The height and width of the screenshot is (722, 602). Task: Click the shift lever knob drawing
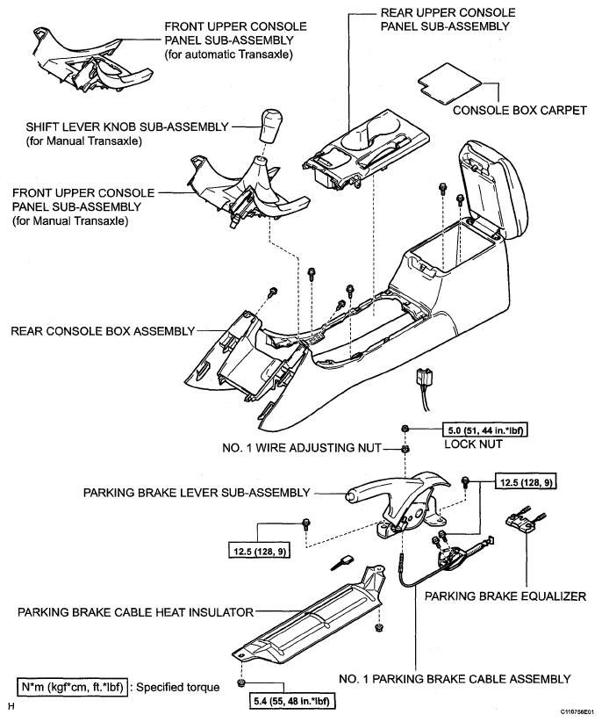[270, 126]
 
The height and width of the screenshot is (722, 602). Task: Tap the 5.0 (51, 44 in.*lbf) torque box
[484, 430]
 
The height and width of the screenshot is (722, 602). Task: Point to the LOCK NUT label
[473, 444]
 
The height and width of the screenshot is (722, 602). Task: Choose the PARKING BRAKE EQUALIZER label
[505, 596]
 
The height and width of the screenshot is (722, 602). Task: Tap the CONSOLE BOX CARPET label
[520, 111]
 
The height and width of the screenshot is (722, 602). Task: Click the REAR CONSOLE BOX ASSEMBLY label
[103, 331]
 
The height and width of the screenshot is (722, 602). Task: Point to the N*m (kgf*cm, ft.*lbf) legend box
[72, 688]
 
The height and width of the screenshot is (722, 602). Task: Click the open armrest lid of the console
[497, 189]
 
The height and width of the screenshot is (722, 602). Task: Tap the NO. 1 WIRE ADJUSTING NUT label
[302, 448]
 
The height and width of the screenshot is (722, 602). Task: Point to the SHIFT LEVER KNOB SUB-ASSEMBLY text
[127, 126]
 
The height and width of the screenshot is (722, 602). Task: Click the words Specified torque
[177, 688]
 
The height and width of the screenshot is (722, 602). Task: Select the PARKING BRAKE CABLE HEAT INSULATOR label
[136, 612]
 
